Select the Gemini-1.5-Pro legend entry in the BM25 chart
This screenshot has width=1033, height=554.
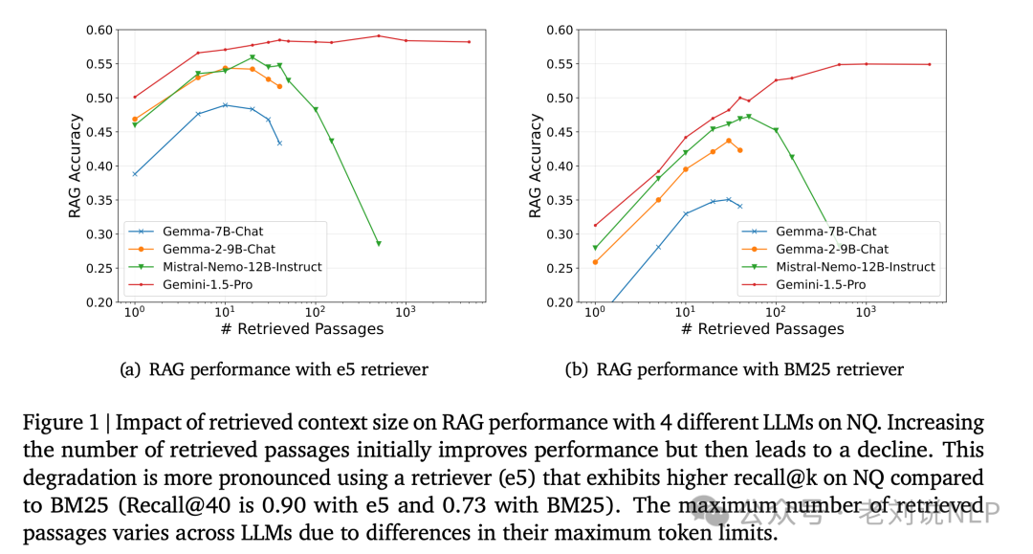click(x=820, y=284)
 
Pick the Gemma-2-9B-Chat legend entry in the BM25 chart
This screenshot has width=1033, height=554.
click(x=831, y=249)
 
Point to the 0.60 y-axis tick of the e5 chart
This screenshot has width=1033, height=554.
click(x=99, y=30)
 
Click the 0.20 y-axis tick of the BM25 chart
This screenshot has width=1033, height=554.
click(x=560, y=302)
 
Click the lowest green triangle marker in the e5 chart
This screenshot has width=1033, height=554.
click(x=379, y=244)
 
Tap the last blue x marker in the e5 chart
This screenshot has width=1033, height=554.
click(x=279, y=144)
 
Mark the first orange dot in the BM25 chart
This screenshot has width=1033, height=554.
click(x=595, y=262)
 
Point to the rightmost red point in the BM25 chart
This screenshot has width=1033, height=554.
click(x=929, y=65)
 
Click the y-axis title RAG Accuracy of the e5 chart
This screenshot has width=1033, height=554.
click(x=75, y=166)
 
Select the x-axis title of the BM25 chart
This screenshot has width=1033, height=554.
click(x=763, y=329)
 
